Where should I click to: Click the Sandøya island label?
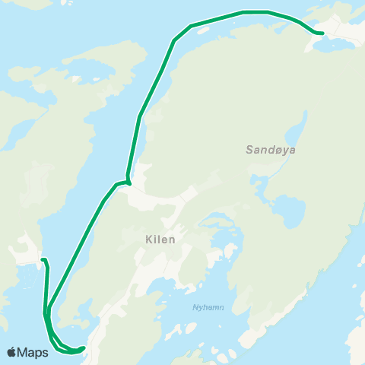[270, 151]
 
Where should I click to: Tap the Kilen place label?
[160, 240]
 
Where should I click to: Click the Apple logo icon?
[12, 352]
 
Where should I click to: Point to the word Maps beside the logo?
[33, 352]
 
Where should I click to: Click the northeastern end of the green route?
[322, 33]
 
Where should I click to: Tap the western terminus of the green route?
[43, 260]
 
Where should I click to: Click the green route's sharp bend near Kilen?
[129, 182]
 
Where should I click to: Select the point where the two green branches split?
[48, 310]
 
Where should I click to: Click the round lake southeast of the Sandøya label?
[287, 207]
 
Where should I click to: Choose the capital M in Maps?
[24, 352]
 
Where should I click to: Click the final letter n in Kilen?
[173, 240]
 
